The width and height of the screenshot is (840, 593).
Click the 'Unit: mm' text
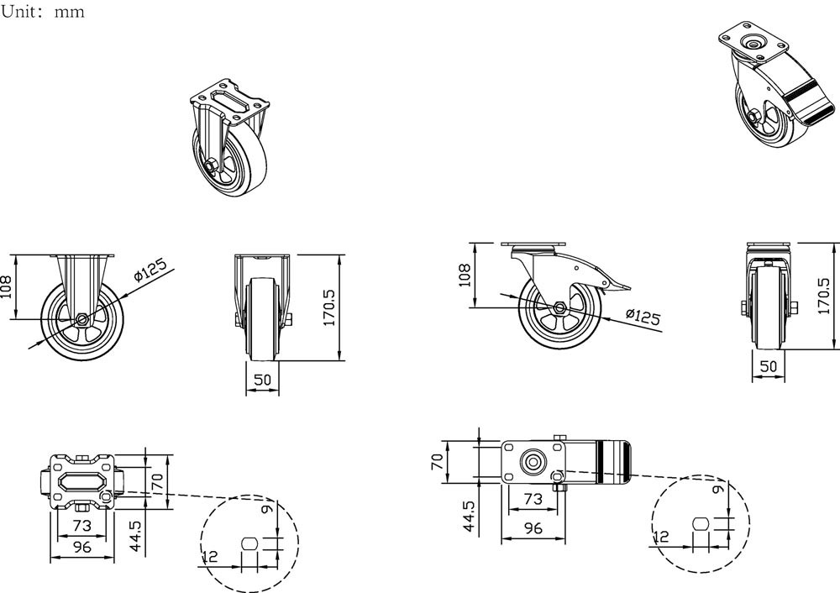pyautogui.click(x=43, y=13)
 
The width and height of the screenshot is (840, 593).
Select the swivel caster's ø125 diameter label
pyautogui.click(x=643, y=317)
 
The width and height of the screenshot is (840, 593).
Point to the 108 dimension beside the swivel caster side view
pyautogui.click(x=464, y=274)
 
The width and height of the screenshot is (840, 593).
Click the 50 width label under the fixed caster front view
pyautogui.click(x=262, y=380)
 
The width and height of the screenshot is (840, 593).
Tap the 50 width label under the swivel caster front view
pyautogui.click(x=768, y=366)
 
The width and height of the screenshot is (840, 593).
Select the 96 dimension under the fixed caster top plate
pyautogui.click(x=81, y=547)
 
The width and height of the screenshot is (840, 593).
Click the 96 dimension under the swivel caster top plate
pyautogui.click(x=533, y=527)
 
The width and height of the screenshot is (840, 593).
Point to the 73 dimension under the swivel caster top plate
pyautogui.click(x=533, y=499)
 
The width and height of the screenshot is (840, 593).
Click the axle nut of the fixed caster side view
pyautogui.click(x=81, y=320)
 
